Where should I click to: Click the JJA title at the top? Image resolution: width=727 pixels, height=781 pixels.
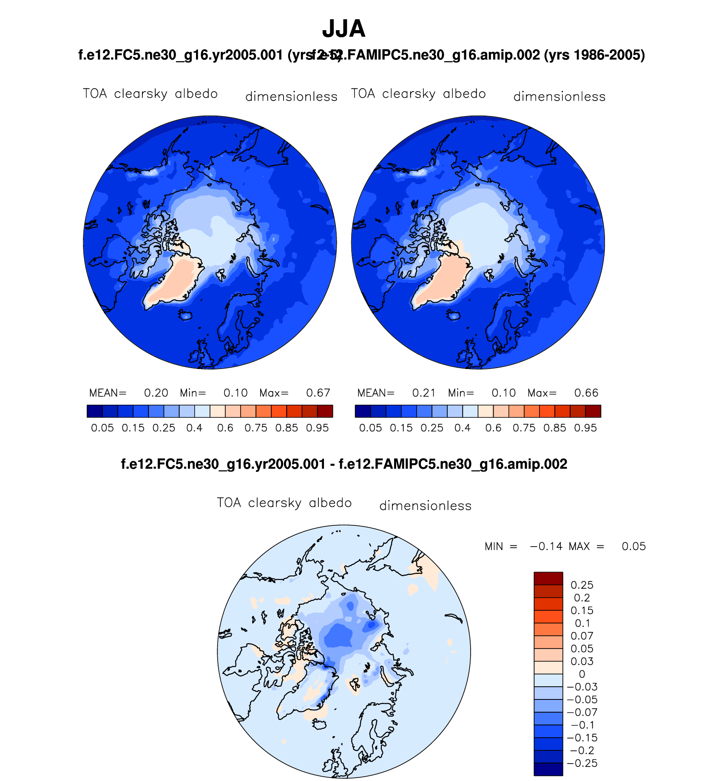344,29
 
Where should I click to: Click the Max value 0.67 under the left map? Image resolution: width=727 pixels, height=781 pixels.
318,393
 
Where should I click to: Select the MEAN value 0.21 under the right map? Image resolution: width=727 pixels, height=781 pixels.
424,393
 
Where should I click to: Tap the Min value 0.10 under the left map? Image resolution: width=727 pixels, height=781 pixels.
236,393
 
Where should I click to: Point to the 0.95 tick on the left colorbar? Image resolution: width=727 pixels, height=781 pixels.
317,428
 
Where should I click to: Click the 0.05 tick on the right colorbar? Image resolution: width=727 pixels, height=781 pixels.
370,428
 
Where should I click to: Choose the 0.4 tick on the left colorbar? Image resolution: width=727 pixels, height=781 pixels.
194,428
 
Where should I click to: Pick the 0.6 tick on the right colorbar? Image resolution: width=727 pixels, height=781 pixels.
493,428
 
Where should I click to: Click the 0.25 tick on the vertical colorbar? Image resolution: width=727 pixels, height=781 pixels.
582,585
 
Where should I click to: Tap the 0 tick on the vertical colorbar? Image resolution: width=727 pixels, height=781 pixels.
582,674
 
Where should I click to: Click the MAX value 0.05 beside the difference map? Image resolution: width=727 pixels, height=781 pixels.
633,547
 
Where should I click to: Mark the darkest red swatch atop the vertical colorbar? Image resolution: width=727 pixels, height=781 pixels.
548,578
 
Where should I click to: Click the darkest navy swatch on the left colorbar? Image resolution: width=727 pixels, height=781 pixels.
94,411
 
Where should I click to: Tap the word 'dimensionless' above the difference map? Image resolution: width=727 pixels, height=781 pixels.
425,506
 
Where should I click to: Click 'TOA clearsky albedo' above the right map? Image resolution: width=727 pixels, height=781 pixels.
418,94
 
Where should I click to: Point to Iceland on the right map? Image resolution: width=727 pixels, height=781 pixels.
454,316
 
